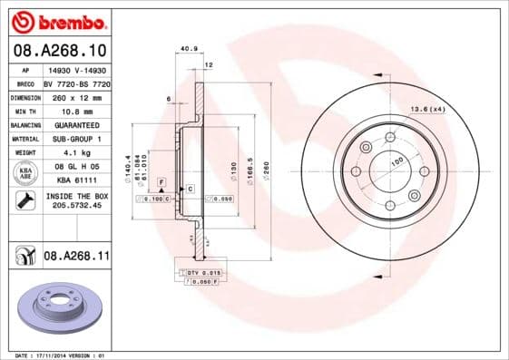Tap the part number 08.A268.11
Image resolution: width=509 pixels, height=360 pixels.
(x=76, y=258)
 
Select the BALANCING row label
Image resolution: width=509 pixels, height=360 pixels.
(x=24, y=124)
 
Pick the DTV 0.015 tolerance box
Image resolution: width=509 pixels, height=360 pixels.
(x=203, y=272)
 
